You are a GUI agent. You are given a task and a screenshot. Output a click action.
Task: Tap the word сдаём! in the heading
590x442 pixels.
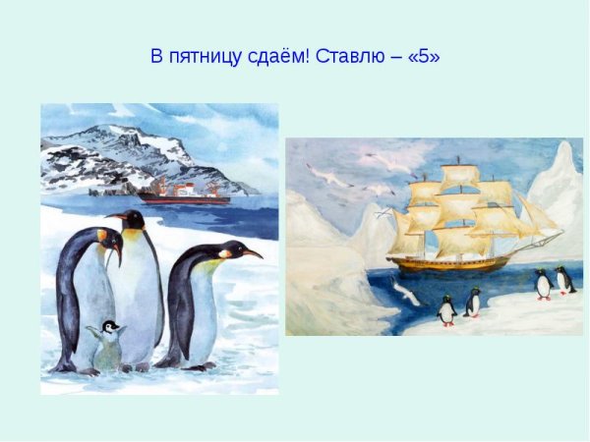(x=270, y=57)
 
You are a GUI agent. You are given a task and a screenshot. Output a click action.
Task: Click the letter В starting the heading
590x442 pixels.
(x=155, y=57)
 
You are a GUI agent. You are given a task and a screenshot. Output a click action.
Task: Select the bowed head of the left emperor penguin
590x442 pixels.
(x=107, y=242)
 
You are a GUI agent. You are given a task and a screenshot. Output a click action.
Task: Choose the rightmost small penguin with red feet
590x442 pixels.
(x=563, y=281)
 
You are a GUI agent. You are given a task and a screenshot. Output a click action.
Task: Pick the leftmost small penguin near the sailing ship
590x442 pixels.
(x=447, y=310)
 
